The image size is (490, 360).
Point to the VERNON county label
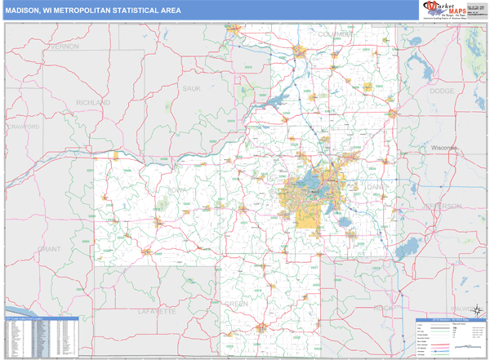[x=65, y=47]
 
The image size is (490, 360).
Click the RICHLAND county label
[x=93, y=104]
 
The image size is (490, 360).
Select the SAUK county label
[x=192, y=88]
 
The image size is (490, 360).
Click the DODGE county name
[x=442, y=91]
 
